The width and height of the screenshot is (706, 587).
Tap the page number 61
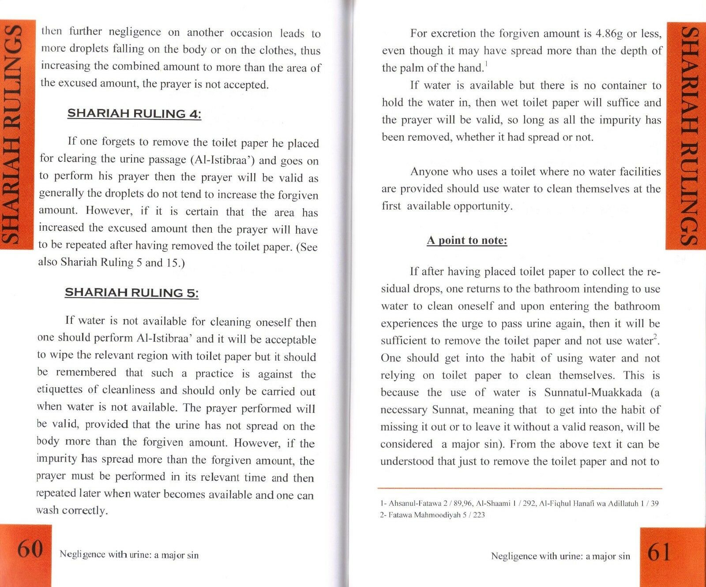tap(659, 553)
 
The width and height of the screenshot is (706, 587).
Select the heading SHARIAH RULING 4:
tap(134, 114)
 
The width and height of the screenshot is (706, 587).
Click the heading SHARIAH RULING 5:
tap(131, 293)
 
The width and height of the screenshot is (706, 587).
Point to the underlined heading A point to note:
tap(467, 241)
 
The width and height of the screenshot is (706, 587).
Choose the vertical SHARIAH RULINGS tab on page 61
tap(687, 137)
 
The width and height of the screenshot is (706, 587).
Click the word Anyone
tap(430, 172)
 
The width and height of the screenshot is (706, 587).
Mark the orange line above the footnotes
tap(521, 489)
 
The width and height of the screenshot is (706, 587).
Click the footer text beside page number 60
tap(129, 555)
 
